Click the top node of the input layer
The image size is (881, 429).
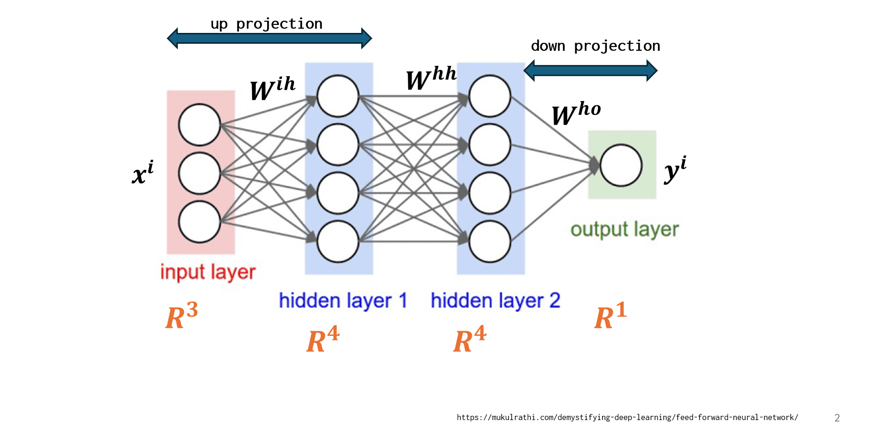199,125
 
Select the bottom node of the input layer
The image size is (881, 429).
199,222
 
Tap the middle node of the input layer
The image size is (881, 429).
199,173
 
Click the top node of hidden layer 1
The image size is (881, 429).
338,96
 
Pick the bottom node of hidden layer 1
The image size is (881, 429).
338,241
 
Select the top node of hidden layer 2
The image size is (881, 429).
490,96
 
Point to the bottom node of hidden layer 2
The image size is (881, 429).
490,241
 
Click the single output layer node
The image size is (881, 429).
621,165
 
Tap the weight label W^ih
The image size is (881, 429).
272,88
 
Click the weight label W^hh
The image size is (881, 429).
430,78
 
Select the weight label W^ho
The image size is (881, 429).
576,113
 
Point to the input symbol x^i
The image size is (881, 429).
143,173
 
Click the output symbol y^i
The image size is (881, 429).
675,169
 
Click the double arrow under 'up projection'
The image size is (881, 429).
269,38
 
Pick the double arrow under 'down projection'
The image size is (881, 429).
590,71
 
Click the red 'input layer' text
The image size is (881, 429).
208,272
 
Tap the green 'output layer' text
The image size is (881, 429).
624,230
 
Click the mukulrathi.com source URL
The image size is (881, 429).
627,417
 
